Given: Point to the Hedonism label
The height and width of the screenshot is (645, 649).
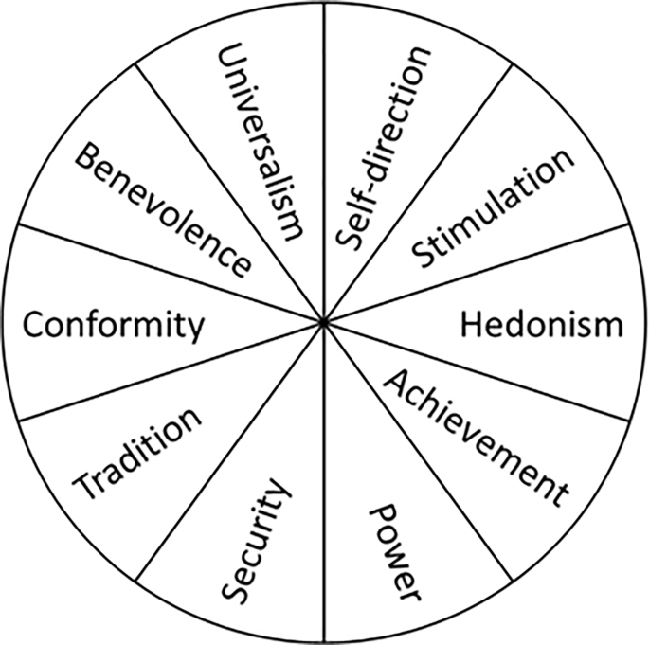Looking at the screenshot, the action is coord(541,324).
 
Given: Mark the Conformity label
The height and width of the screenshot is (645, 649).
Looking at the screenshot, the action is coord(113,326).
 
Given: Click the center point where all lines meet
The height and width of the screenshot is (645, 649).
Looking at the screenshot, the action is coord(324,323).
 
